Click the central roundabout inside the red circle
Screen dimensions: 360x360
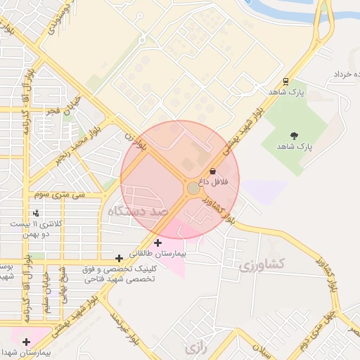(193, 188)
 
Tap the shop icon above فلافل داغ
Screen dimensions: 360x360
(212, 171)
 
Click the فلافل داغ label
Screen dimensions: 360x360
(213, 181)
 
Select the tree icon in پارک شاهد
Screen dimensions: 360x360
(293, 135)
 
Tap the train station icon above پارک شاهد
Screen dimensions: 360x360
(285, 82)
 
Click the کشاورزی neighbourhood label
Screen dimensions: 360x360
(261, 265)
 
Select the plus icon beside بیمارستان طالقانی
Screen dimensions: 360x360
(157, 243)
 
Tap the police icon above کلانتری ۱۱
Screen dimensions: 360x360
(36, 212)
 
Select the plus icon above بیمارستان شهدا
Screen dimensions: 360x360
(27, 342)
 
